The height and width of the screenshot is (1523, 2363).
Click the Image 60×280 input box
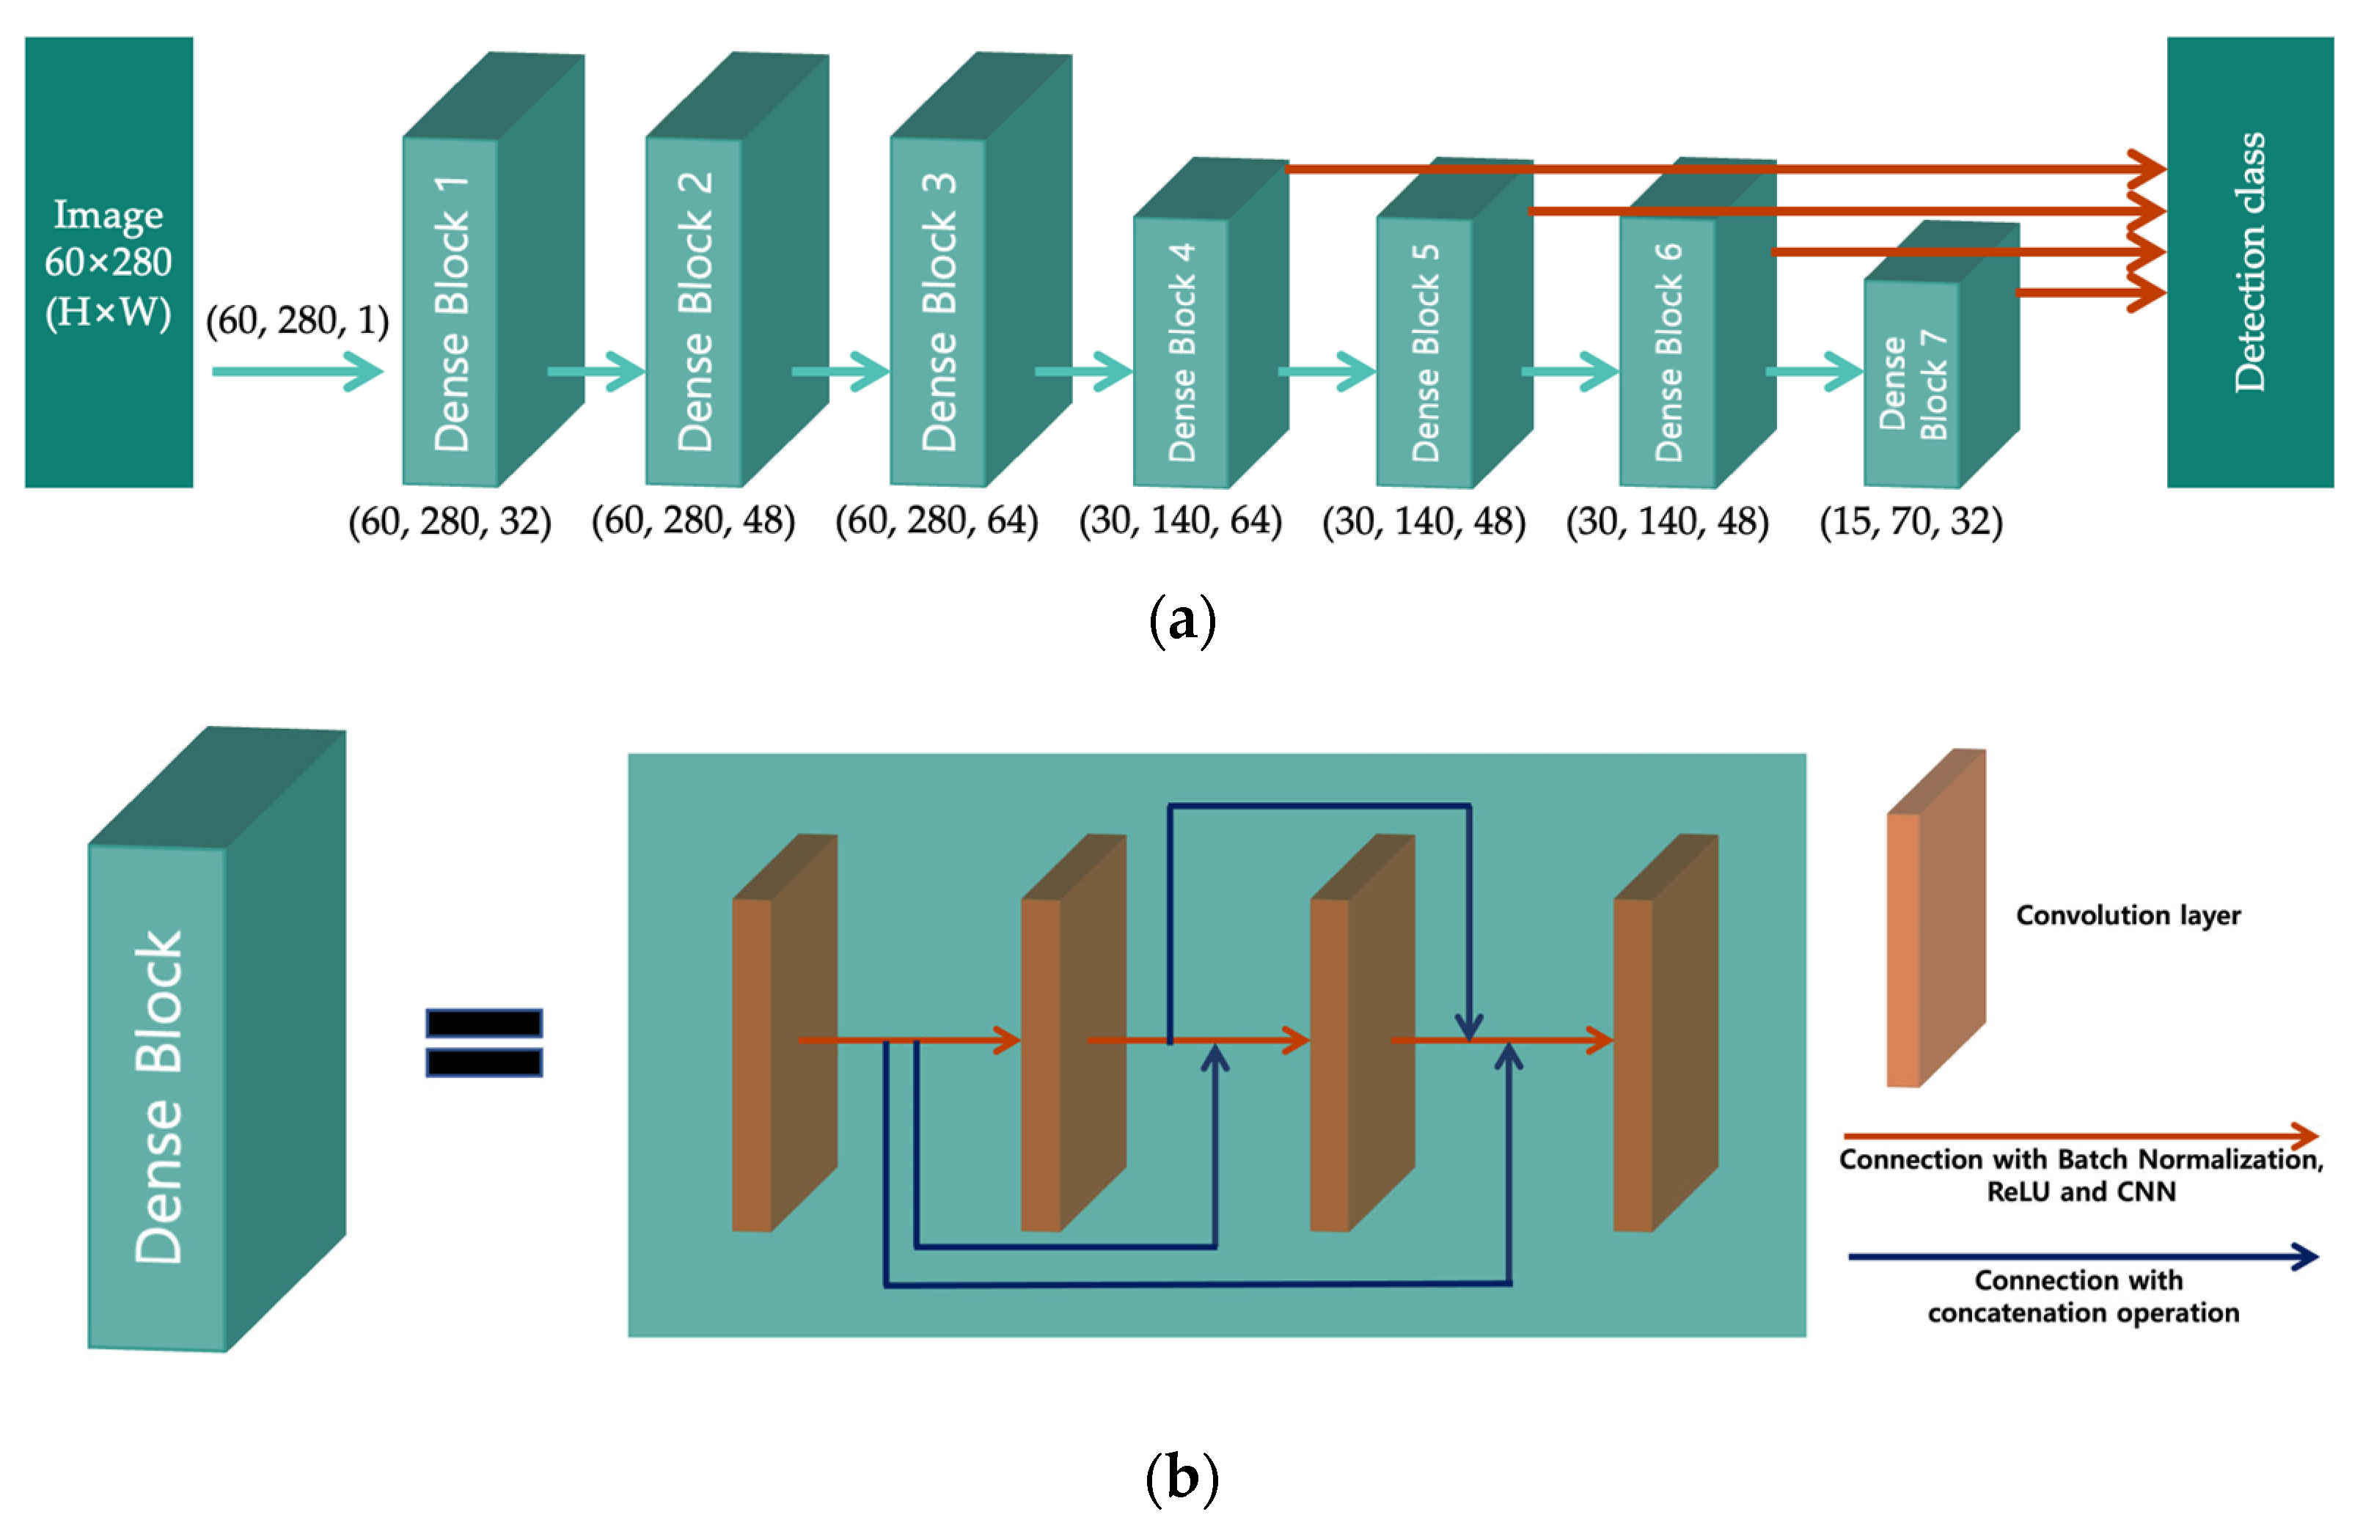pyautogui.click(x=108, y=262)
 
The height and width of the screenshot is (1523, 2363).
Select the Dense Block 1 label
pyautogui.click(x=451, y=314)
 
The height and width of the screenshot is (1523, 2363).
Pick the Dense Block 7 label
pyautogui.click(x=1912, y=385)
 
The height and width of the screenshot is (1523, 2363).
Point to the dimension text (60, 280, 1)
pyautogui.click(x=297, y=320)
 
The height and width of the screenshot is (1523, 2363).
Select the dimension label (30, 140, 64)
pyautogui.click(x=1180, y=521)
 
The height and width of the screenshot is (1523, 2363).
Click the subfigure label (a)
pyautogui.click(x=1182, y=621)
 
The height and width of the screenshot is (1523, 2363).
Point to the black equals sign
pyautogui.click(x=484, y=1043)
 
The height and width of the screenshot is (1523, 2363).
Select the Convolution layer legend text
pyautogui.click(x=2128, y=915)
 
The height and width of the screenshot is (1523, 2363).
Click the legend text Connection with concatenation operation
pyautogui.click(x=2082, y=1296)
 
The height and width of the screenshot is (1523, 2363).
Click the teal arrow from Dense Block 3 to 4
pyautogui.click(x=1082, y=372)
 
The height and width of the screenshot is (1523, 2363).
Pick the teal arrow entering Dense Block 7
pyautogui.click(x=1813, y=372)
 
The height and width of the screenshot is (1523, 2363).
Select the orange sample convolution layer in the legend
pyautogui.click(x=1934, y=920)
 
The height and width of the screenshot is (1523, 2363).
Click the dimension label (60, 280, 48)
pyautogui.click(x=692, y=521)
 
